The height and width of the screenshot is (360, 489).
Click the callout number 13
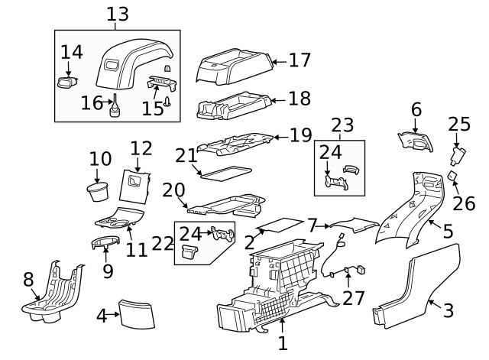117,14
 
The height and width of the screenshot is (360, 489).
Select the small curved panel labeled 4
138,313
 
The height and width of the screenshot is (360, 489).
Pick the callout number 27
353,297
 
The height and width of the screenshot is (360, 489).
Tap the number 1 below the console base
283,343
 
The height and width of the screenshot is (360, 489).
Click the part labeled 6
413,141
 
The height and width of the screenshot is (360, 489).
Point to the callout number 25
459,123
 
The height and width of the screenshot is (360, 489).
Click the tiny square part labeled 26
452,177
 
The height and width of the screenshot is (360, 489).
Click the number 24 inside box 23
330,152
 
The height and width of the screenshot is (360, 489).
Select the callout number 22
163,243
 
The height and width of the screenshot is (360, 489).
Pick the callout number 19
300,135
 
